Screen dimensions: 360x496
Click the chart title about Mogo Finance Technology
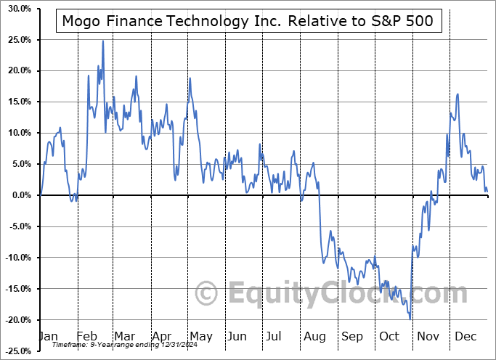[x=248, y=20]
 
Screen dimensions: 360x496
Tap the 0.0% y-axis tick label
[x=18, y=195]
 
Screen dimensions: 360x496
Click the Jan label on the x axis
[x=48, y=337]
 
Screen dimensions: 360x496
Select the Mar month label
[x=124, y=337]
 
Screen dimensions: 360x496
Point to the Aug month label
[x=314, y=337]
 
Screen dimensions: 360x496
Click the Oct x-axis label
[x=391, y=337]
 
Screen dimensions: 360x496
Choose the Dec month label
[x=466, y=337]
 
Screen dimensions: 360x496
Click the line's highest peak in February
[x=103, y=41]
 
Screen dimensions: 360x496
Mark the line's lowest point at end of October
[x=410, y=319]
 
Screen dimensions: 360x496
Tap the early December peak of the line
[x=458, y=94]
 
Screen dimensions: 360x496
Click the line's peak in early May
[x=190, y=78]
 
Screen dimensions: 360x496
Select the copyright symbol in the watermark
[x=208, y=293]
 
